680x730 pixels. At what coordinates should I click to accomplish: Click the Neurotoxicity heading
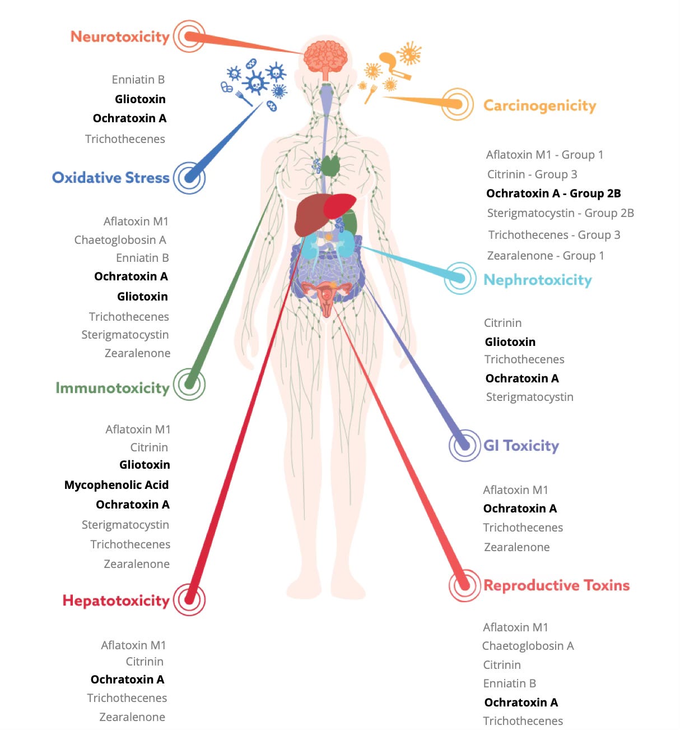[x=120, y=37]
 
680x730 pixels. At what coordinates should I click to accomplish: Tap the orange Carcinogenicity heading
[x=539, y=105]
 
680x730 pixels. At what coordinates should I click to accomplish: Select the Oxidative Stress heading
[x=110, y=178]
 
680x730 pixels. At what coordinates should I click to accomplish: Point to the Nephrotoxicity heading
[x=537, y=280]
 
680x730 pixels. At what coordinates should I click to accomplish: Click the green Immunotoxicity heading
[x=112, y=388]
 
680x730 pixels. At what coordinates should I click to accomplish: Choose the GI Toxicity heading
[x=521, y=446]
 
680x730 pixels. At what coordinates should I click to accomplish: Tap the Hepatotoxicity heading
[x=116, y=600]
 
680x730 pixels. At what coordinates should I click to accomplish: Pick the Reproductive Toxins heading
[x=556, y=585]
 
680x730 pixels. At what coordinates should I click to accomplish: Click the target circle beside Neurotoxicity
[x=189, y=36]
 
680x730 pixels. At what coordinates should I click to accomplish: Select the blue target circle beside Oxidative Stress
[x=189, y=178]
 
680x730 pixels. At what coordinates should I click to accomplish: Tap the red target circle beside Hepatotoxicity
[x=189, y=599]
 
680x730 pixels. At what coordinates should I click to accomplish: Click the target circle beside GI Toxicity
[x=464, y=445]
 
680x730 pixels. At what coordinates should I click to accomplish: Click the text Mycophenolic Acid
[x=117, y=485]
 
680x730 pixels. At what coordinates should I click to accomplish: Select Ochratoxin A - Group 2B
[x=553, y=193]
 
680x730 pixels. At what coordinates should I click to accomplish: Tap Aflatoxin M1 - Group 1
[x=544, y=155]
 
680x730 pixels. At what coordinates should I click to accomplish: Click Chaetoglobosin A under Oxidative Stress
[x=120, y=240]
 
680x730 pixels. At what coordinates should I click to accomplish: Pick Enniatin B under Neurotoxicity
[x=138, y=80]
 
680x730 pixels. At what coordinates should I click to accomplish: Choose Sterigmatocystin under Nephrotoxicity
[x=529, y=397]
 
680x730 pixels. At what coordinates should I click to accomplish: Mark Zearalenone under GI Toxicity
[x=516, y=547]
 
